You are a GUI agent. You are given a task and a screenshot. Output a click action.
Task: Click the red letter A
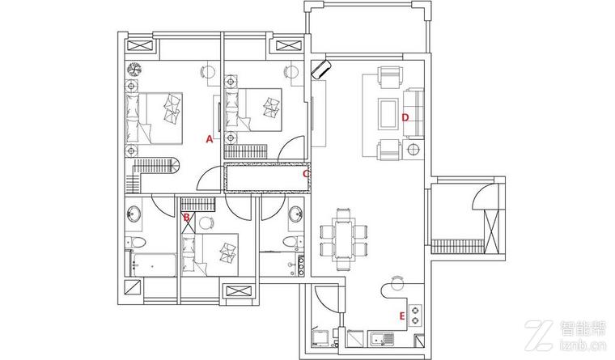point(210,139)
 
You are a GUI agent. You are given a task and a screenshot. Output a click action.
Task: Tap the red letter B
point(187,217)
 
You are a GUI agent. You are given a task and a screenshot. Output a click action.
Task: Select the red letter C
point(306,173)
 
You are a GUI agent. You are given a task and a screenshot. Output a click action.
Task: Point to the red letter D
point(405,117)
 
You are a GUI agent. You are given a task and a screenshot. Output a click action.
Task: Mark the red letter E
point(402,316)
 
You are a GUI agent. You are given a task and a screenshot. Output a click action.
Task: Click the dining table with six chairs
point(343,239)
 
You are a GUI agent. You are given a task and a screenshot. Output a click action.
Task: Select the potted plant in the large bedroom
point(134,70)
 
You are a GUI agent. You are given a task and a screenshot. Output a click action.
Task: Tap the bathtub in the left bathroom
point(154,265)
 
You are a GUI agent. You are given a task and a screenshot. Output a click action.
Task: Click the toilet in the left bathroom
point(135,243)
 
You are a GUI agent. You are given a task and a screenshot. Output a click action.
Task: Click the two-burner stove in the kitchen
point(415,316)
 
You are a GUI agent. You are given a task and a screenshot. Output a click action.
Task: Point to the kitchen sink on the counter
point(381,338)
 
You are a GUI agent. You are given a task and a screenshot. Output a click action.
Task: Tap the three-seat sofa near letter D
point(414,113)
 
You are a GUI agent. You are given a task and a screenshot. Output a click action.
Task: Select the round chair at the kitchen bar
point(397,282)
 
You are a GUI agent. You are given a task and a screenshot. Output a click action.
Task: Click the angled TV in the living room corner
point(321,69)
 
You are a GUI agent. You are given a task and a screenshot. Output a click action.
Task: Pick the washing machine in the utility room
point(320,338)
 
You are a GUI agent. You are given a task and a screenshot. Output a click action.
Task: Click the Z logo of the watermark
point(539,335)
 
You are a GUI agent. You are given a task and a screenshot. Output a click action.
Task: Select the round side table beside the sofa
point(414,150)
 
